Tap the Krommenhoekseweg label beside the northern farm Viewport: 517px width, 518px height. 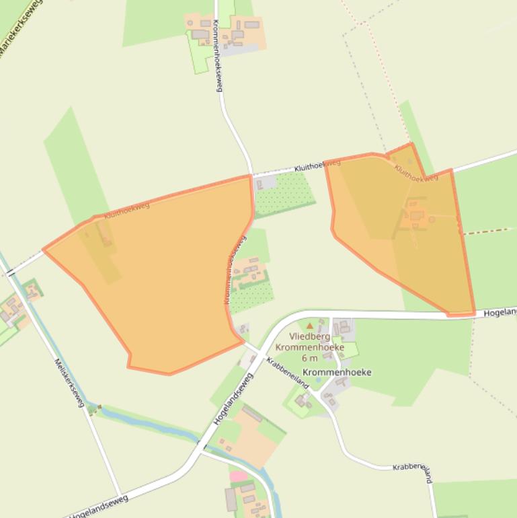click(x=218, y=55)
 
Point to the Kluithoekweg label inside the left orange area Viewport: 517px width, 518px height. click(x=127, y=209)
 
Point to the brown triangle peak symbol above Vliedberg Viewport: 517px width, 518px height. click(x=310, y=326)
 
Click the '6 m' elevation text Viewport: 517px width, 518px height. click(x=310, y=358)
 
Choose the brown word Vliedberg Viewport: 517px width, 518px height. click(x=310, y=336)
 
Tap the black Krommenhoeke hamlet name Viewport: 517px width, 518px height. click(x=337, y=372)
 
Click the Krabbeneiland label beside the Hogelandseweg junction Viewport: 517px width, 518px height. click(x=287, y=372)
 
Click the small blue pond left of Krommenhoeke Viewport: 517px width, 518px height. click(x=318, y=380)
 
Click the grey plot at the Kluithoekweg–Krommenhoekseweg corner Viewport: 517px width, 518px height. click(x=265, y=182)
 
